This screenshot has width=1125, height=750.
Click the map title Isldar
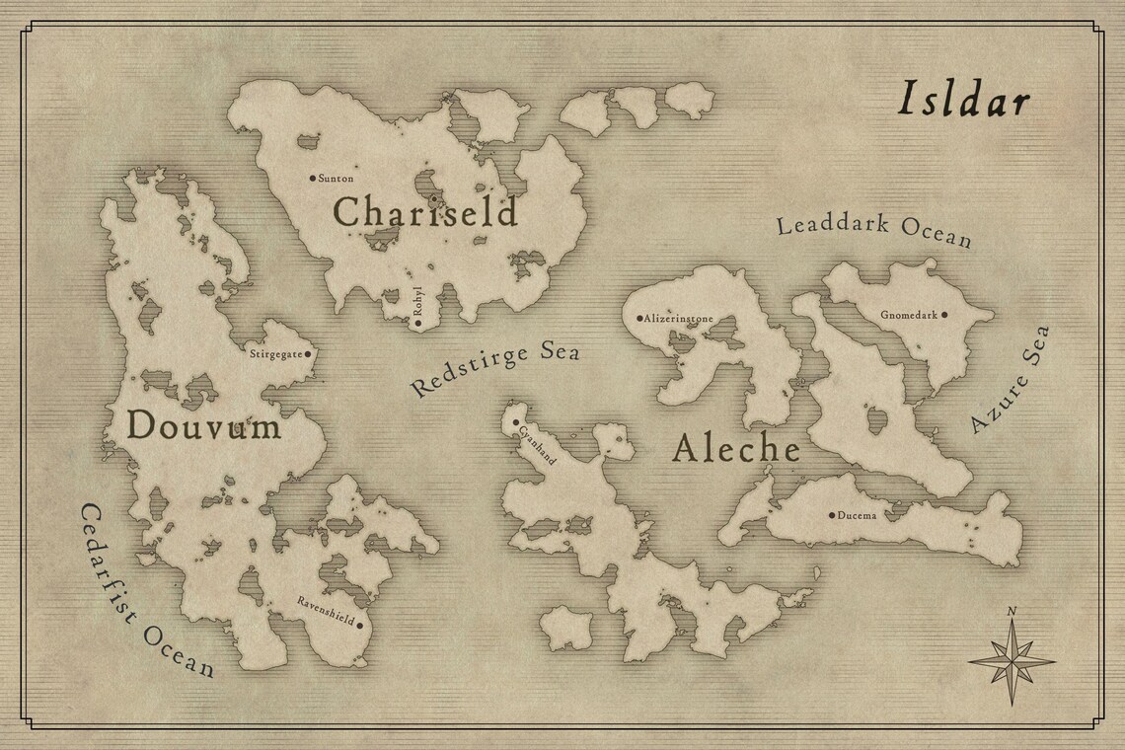[x=963, y=101]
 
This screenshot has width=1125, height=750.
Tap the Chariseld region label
[x=424, y=211]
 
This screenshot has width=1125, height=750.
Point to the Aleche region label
[x=736, y=449]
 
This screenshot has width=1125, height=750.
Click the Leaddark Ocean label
[x=874, y=229]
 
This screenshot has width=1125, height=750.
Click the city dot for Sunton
[x=313, y=179]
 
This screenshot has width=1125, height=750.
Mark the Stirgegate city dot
[x=308, y=352]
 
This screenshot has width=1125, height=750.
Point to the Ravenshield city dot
[x=359, y=625]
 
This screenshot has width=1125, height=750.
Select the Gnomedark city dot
[x=944, y=315]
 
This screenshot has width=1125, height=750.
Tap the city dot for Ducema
[x=832, y=514]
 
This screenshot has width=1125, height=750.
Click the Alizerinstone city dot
[x=639, y=319]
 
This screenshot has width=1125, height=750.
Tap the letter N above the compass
[x=1011, y=612]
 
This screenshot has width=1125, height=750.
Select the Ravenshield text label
[x=325, y=609]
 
